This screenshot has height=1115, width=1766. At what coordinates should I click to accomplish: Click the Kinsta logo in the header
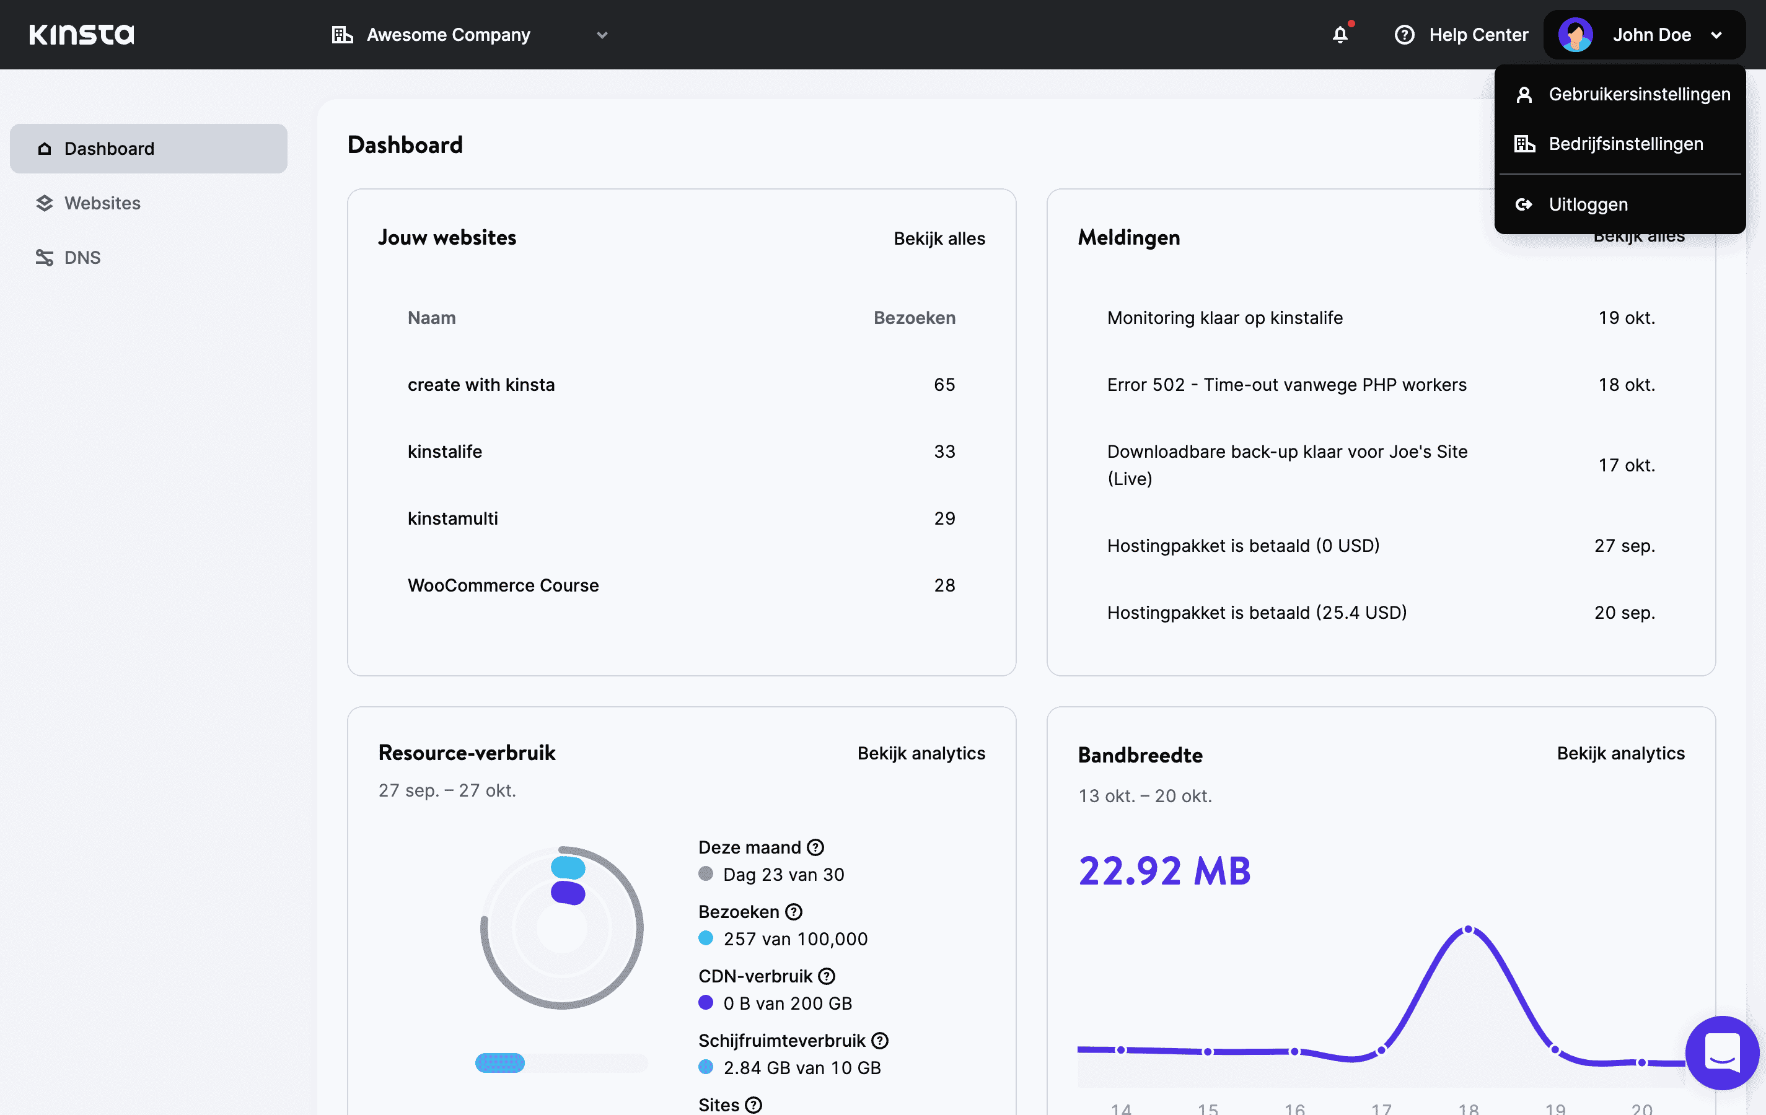[81, 35]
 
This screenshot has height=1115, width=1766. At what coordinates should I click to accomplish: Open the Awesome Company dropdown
[469, 35]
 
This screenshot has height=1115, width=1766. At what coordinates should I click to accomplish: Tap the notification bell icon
[1340, 35]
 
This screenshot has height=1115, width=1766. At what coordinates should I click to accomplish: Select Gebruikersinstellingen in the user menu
[1638, 95]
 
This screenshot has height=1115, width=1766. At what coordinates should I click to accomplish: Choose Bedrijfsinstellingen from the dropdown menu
[1625, 144]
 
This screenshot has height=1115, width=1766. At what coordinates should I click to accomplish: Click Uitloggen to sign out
[1588, 204]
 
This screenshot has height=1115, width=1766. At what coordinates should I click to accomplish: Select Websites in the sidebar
[102, 203]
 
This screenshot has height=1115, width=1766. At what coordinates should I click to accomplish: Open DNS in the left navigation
[82, 257]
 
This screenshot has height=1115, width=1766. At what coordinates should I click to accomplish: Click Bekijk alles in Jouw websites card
[939, 238]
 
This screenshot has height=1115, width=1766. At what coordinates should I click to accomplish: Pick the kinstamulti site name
[452, 518]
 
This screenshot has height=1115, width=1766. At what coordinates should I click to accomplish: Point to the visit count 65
[944, 385]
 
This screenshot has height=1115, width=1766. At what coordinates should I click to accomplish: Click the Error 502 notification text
[1286, 385]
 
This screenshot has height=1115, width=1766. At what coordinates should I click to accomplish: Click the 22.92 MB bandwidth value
[1164, 871]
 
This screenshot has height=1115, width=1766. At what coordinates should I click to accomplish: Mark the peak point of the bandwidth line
[1468, 930]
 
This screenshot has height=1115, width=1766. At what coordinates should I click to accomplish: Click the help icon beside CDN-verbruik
[827, 976]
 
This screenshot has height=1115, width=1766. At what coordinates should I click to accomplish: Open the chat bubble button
[1721, 1052]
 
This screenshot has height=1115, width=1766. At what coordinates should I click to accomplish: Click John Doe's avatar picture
[1575, 35]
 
